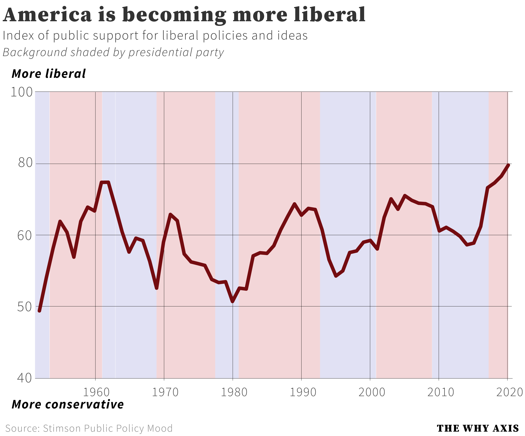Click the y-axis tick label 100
coord(22,92)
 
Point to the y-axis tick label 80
coord(25,163)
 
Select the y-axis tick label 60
coord(25,236)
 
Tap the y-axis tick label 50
coord(24,307)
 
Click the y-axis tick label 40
coord(24,378)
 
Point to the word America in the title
coord(47,15)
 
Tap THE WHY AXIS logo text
coord(478,428)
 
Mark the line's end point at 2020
coord(508,165)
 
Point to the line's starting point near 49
coord(39,311)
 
